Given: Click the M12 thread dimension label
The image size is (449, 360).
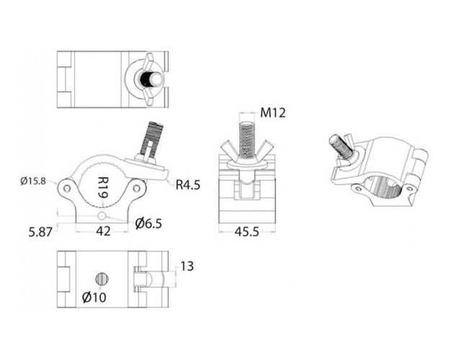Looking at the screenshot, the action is click(273, 113).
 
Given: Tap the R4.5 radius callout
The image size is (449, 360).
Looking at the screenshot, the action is click(188, 185).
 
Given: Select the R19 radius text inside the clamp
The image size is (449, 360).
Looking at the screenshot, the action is click(103, 187).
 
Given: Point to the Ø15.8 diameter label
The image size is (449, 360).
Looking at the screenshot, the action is click(33, 181).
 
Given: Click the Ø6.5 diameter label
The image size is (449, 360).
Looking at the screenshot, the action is click(148, 223).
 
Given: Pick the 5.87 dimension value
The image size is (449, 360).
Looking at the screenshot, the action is click(40, 232).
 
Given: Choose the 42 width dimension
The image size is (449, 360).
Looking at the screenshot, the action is click(103, 231).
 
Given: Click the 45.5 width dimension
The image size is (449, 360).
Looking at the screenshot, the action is click(246, 232).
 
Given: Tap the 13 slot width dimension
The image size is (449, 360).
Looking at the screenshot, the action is click(187, 266).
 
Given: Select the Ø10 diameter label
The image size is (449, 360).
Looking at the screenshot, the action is click(94, 297).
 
